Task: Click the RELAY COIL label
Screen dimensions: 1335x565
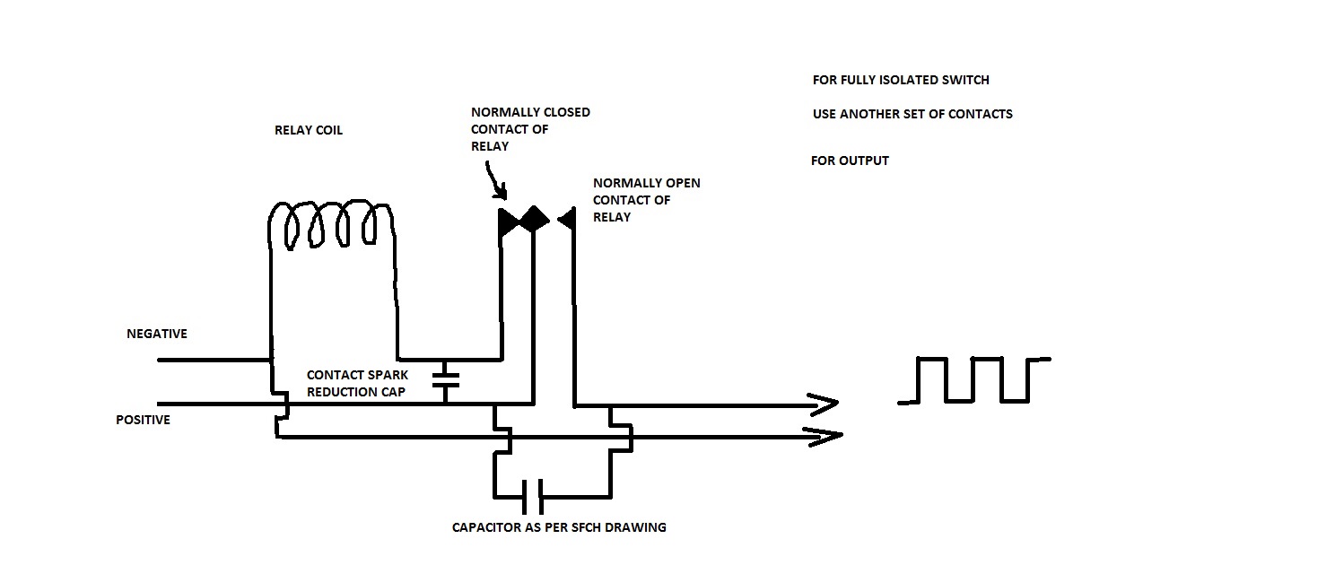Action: [309, 131]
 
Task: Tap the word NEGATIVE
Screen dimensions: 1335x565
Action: [157, 334]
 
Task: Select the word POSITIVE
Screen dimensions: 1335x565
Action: [143, 420]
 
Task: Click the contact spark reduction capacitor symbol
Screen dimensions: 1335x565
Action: [445, 380]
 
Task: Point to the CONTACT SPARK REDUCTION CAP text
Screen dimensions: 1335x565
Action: [357, 383]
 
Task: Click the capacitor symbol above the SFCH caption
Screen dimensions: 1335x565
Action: [532, 497]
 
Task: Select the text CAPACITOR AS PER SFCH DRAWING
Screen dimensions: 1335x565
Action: [559, 527]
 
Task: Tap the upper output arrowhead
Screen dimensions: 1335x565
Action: [825, 404]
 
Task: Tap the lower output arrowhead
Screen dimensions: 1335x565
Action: [825, 436]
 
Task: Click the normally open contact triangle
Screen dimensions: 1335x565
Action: [566, 220]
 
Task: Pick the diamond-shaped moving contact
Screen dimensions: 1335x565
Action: [535, 219]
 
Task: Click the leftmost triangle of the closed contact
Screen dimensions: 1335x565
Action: [508, 222]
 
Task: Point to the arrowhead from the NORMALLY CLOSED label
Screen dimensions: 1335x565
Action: [501, 191]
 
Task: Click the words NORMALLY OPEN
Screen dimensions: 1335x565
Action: [647, 183]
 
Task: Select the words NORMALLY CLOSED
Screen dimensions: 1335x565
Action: [530, 112]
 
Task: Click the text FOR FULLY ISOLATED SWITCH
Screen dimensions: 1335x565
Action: [901, 80]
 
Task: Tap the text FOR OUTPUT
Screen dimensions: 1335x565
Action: [850, 161]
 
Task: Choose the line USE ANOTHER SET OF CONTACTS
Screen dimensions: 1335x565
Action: [912, 114]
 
